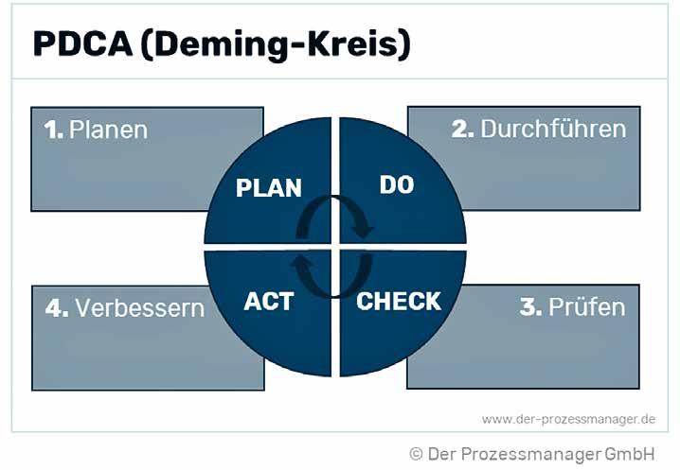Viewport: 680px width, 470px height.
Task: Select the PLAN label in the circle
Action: pos(268,187)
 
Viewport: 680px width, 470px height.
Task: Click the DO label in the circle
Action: pos(396,184)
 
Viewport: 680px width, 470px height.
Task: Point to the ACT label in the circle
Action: pos(268,302)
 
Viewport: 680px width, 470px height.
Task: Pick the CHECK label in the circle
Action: pos(399,302)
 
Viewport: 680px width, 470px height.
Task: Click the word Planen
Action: pos(108,130)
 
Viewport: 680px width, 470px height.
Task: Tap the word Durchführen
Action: pos(553,129)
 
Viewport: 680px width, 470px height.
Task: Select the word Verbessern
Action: pos(139,307)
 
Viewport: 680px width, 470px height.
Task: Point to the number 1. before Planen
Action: pos(53,130)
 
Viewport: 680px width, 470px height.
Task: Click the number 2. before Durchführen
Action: pos(463,129)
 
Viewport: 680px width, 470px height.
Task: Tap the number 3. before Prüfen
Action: pos(530,307)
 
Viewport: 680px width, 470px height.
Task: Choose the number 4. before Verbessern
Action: pos(57,307)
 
